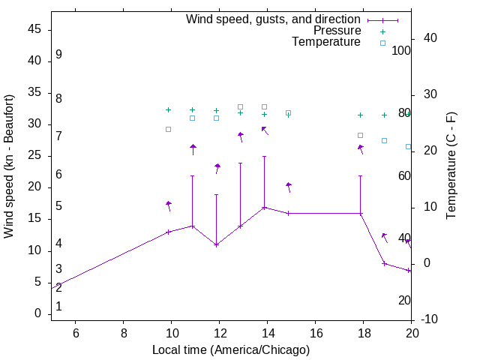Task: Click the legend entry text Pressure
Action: (337, 31)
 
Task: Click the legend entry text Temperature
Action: (326, 42)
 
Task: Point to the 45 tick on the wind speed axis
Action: (34, 30)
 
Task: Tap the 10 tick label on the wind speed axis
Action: (34, 250)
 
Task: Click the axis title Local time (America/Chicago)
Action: (231, 349)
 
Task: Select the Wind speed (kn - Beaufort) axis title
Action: (9, 166)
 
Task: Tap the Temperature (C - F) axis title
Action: (451, 166)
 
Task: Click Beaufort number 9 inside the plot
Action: (58, 55)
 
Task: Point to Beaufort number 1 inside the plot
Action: (58, 306)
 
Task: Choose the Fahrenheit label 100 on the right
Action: (402, 51)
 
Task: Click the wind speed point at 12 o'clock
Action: (217, 244)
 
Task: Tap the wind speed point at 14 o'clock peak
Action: (264, 207)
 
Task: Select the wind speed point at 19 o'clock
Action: (384, 263)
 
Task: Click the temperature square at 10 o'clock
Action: (168, 129)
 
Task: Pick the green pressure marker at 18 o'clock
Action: (361, 115)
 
